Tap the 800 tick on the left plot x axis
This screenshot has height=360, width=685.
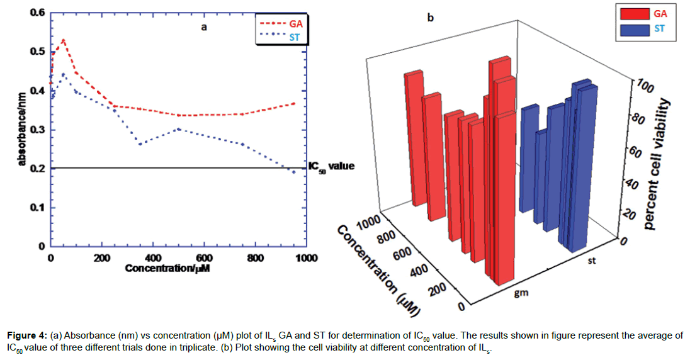click(x=254, y=258)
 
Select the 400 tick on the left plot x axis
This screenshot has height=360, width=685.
click(x=152, y=258)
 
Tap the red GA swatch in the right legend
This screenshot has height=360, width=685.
click(x=637, y=13)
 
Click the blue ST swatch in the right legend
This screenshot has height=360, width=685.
click(x=637, y=29)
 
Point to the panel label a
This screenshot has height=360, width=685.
click(x=204, y=27)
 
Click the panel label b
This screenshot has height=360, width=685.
click(x=431, y=18)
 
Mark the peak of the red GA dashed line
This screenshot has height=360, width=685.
click(x=63, y=40)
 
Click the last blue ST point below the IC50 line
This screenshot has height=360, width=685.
click(x=293, y=172)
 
